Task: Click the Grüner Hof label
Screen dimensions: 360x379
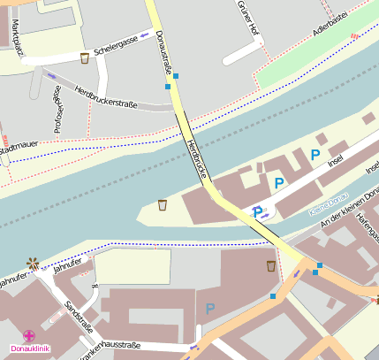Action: click(x=247, y=19)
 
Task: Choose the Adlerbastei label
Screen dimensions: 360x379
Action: click(x=330, y=26)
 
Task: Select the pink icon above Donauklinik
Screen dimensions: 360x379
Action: click(x=29, y=336)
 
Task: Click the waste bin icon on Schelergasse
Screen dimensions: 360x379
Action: click(x=85, y=58)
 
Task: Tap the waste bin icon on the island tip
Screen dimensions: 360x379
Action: click(x=163, y=205)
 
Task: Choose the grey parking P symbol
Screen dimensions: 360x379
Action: click(x=210, y=309)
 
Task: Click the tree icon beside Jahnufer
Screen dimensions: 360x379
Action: click(x=34, y=263)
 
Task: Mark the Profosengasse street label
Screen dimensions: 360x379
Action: click(x=58, y=115)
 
